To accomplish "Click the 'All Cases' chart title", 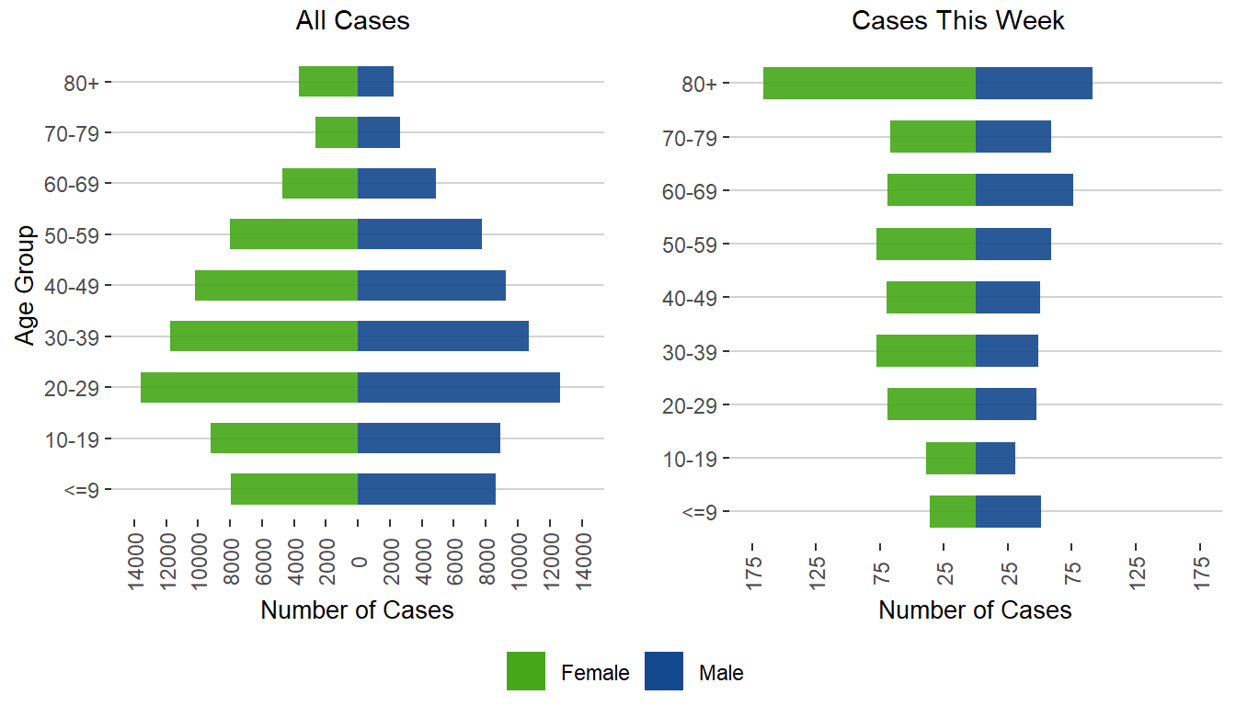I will pyautogui.click(x=352, y=21).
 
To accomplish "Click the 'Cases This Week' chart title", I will pyautogui.click(x=958, y=21).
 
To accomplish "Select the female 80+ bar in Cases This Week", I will pyautogui.click(x=869, y=83).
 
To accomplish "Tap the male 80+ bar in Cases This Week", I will pyautogui.click(x=1034, y=83).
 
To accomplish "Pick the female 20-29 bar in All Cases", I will pyautogui.click(x=248, y=387).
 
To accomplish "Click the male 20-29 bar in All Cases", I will pyautogui.click(x=459, y=387).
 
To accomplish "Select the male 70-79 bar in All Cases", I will pyautogui.click(x=379, y=132).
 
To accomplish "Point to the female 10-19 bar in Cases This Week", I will pyautogui.click(x=951, y=458).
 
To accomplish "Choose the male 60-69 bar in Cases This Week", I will pyautogui.click(x=1024, y=189).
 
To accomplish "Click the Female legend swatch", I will pyautogui.click(x=526, y=671).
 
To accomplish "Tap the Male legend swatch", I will pyautogui.click(x=664, y=671).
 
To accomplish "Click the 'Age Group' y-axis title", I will pyautogui.click(x=26, y=285).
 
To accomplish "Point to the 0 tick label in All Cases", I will pyautogui.click(x=360, y=562).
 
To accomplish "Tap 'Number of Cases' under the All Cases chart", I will pyautogui.click(x=357, y=610).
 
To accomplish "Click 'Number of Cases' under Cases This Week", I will pyautogui.click(x=975, y=610).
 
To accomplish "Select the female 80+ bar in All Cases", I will pyautogui.click(x=328, y=82).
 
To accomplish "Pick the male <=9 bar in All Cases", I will pyautogui.click(x=427, y=489).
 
